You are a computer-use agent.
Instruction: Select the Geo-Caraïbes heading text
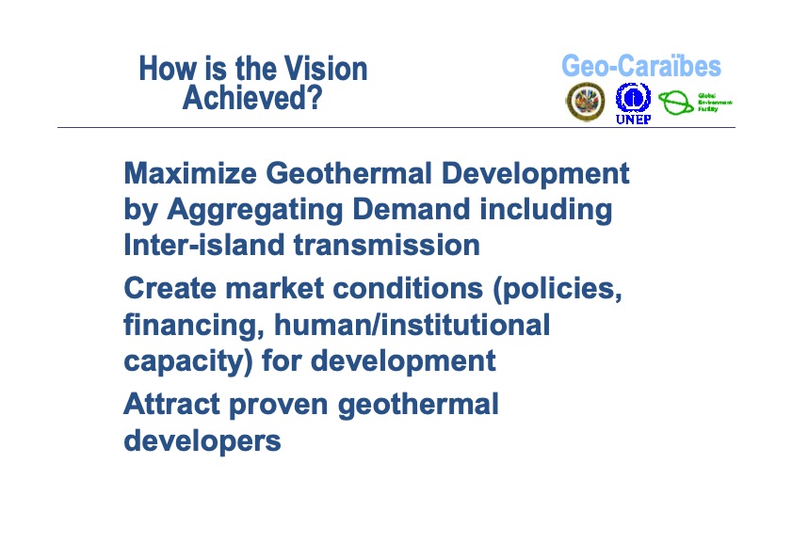(x=640, y=66)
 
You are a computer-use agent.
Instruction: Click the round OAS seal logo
(x=586, y=102)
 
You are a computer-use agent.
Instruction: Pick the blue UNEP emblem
(x=633, y=98)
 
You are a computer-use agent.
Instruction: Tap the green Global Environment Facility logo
(x=695, y=102)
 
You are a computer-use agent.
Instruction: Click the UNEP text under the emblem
(x=633, y=120)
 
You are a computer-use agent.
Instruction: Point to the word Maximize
(x=190, y=174)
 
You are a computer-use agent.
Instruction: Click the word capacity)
(x=187, y=360)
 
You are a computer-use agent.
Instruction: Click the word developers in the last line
(x=202, y=440)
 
